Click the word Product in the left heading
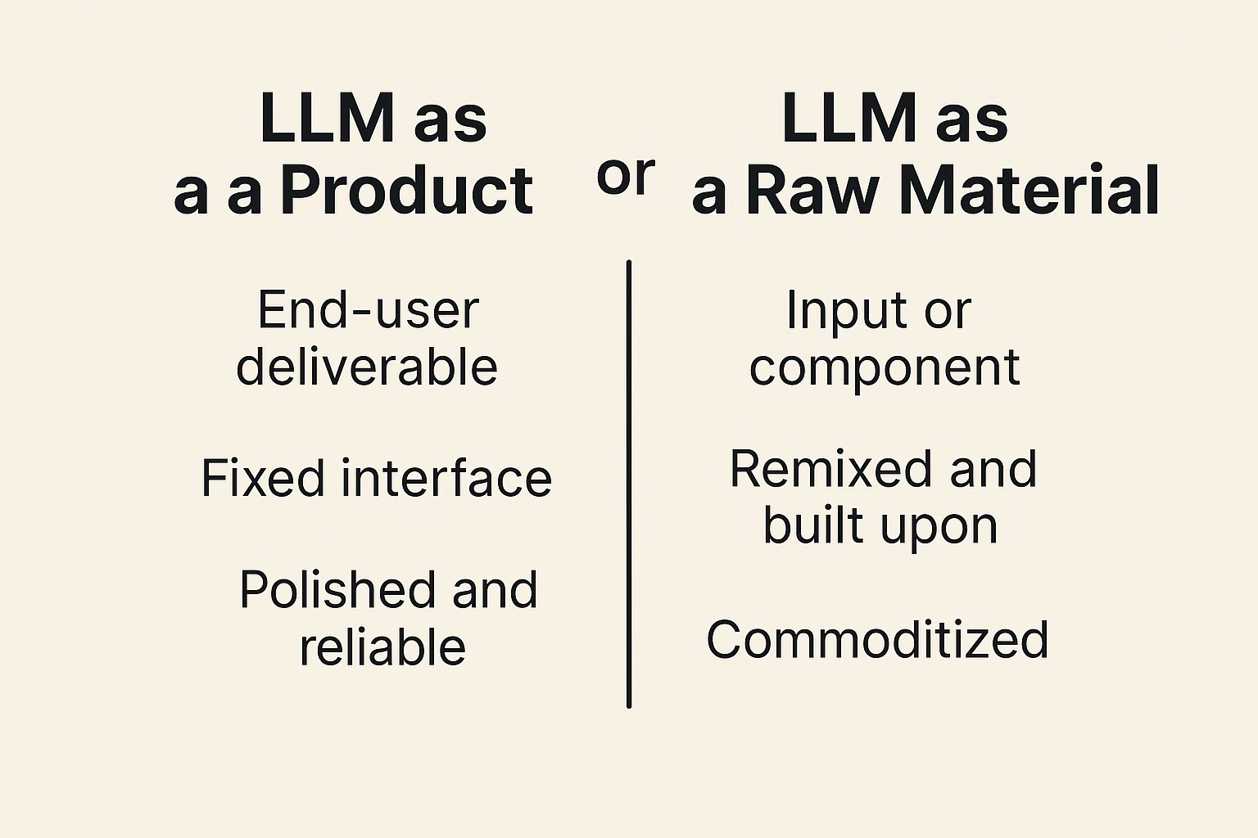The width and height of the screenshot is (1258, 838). [407, 191]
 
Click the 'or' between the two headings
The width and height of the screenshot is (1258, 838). [626, 176]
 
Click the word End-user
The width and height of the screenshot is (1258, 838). [368, 310]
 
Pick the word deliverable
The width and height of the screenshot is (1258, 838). [367, 366]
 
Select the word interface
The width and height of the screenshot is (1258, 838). [446, 478]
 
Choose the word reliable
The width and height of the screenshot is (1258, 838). [382, 647]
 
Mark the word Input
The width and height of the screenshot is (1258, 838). [835, 311]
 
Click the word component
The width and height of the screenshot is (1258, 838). [885, 366]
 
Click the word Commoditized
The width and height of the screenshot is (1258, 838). [877, 639]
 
